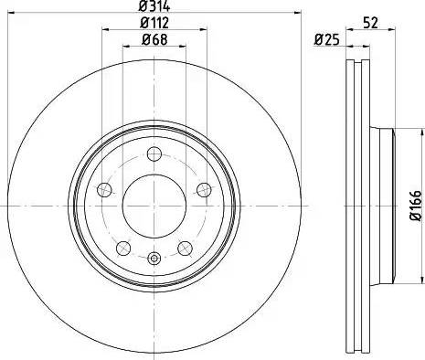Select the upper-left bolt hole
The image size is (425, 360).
click(104, 189)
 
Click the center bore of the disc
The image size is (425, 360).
click(152, 202)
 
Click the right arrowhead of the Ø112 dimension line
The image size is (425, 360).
click(202, 29)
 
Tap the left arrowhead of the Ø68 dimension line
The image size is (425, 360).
click(124, 46)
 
